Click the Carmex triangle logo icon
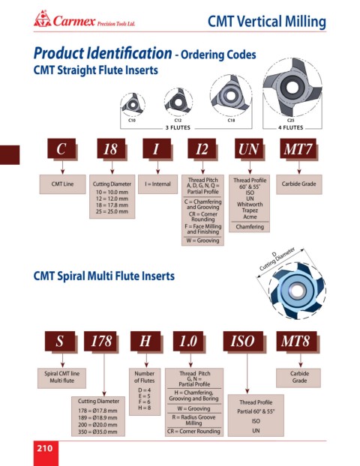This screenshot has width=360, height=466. click(x=42, y=19)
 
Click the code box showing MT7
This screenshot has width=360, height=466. click(x=298, y=148)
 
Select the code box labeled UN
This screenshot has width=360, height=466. click(x=249, y=148)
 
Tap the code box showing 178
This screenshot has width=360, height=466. click(x=100, y=341)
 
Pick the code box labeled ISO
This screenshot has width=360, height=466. click(x=243, y=341)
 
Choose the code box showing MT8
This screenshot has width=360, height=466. click(x=296, y=341)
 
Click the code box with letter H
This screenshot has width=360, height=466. click(x=145, y=341)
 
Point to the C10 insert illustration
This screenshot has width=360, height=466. click(x=133, y=104)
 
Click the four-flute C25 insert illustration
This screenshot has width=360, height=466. click(x=292, y=87)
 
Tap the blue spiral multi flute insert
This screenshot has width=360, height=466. click(x=298, y=291)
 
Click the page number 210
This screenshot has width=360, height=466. click(x=45, y=448)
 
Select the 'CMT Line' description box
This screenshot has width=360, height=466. click(x=62, y=184)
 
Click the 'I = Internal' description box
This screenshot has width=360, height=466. click(x=157, y=184)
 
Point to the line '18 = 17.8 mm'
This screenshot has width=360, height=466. click(x=112, y=205)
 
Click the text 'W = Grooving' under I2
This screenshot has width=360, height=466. click(x=202, y=240)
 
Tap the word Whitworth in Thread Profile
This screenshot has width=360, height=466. click(x=250, y=205)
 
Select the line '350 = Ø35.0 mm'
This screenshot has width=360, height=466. click(x=97, y=432)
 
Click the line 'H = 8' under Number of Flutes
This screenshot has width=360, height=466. click(x=145, y=408)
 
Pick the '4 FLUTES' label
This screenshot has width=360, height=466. click(x=291, y=128)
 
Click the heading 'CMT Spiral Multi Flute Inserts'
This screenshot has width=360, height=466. click(x=103, y=276)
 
